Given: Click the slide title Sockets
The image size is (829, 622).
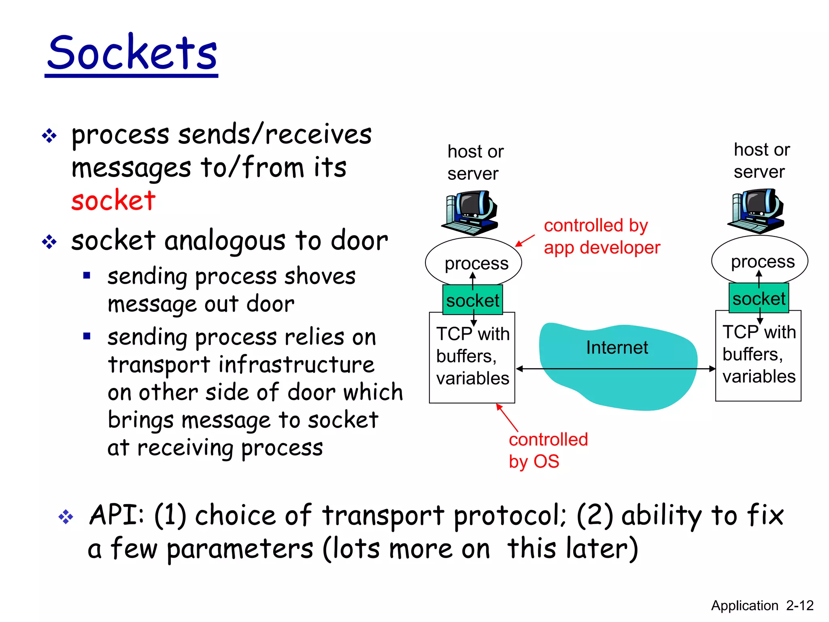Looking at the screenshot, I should point(132,53).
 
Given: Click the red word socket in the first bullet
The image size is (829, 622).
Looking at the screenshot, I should point(113,200).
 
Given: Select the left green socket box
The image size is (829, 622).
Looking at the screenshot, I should point(472,300).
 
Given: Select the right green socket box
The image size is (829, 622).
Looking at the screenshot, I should point(759,298).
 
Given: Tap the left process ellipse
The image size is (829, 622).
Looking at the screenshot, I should point(473,259).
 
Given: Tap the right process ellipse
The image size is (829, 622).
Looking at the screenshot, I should point(759,258).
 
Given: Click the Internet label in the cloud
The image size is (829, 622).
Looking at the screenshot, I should point(616,347).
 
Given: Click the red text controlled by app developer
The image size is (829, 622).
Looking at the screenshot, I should point(601,236).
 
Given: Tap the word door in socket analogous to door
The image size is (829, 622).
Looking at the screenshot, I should point(359,241).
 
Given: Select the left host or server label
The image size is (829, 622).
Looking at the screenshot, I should point(475,162).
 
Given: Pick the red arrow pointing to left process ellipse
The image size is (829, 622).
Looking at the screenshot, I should point(525,241).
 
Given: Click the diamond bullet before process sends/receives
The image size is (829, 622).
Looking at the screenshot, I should point(49,136).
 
